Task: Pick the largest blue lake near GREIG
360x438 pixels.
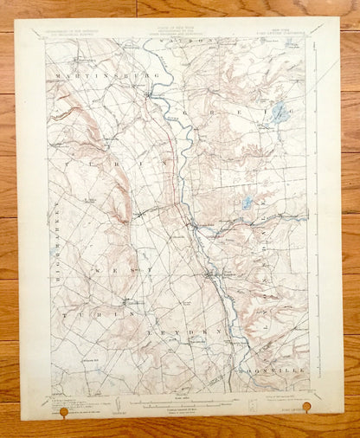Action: pyautogui.click(x=279, y=113)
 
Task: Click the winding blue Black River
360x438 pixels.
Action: pyautogui.click(x=186, y=173)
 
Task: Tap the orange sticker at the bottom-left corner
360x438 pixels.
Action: pyautogui.click(x=61, y=413)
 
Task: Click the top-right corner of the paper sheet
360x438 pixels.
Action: pyautogui.click(x=338, y=18)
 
